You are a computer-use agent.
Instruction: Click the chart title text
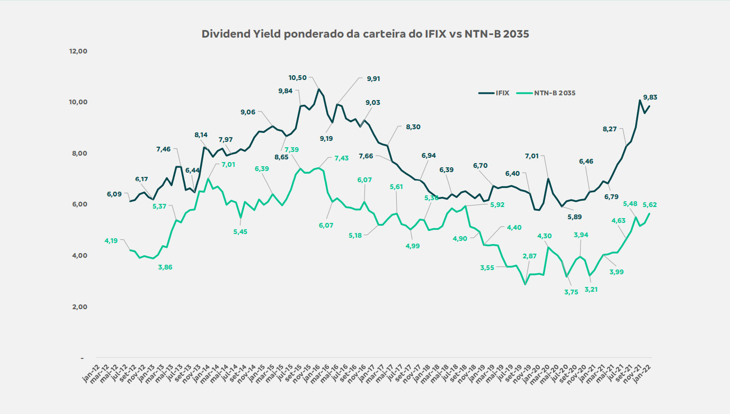pyautogui.click(x=366, y=34)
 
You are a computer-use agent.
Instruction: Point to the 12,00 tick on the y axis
pyautogui.click(x=78, y=51)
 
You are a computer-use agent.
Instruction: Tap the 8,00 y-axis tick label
pyautogui.click(x=79, y=154)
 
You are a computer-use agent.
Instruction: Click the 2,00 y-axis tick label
pyautogui.click(x=79, y=307)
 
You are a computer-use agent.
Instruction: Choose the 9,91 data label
pyautogui.click(x=373, y=79)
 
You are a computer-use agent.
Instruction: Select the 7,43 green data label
pyautogui.click(x=342, y=158)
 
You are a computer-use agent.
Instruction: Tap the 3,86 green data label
pyautogui.click(x=165, y=267)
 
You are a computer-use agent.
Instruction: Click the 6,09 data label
pyautogui.click(x=114, y=194)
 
